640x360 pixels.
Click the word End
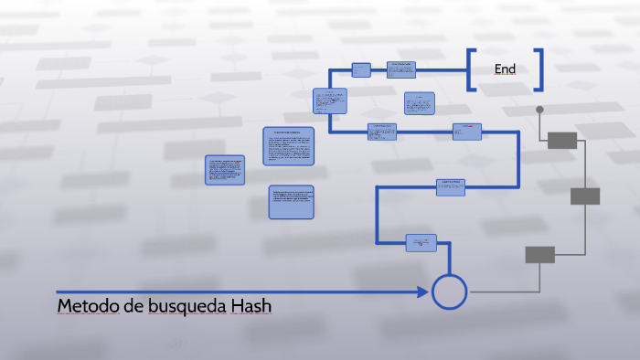tap(505, 69)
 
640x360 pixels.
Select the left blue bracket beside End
tap(472, 69)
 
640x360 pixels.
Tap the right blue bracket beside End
tap(539, 69)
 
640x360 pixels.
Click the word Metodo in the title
tap(87, 305)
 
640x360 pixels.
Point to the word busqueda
tap(181, 305)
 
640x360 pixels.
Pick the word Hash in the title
tap(251, 305)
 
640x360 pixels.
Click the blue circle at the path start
tap(449, 291)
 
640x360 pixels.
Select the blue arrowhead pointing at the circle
tap(422, 291)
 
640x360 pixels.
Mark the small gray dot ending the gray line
tap(539, 110)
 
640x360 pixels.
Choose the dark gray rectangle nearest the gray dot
tap(562, 140)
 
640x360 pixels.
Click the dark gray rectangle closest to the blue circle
tap(539, 255)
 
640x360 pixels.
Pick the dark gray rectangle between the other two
tap(585, 196)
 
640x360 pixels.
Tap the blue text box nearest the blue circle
tap(421, 242)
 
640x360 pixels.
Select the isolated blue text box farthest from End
tap(225, 170)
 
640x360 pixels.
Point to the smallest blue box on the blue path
tap(361, 69)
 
